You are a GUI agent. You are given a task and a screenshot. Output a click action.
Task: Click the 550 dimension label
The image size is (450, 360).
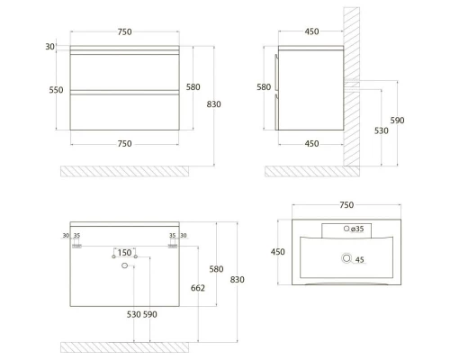pyautogui.click(x=56, y=90)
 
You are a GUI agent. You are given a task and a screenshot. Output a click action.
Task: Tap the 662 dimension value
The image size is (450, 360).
pyautogui.click(x=198, y=288)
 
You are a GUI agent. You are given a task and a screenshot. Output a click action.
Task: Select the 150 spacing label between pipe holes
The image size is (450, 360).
pyautogui.click(x=124, y=253)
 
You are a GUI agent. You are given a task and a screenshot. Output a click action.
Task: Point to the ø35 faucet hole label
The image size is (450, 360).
pyautogui.click(x=357, y=229)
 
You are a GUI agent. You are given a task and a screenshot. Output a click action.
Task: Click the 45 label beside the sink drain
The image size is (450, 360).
pyautogui.click(x=359, y=260)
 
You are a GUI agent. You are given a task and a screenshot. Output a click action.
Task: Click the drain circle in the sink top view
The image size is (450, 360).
pyautogui.click(x=346, y=258)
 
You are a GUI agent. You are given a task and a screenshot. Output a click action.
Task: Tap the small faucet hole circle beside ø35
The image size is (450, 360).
pyautogui.click(x=346, y=229)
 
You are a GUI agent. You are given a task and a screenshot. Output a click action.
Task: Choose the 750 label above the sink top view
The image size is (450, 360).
pyautogui.click(x=346, y=205)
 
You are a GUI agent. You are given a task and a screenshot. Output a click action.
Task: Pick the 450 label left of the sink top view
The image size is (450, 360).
pyautogui.click(x=278, y=252)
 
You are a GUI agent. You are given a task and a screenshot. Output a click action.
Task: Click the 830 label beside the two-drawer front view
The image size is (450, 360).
pyautogui.click(x=213, y=104)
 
